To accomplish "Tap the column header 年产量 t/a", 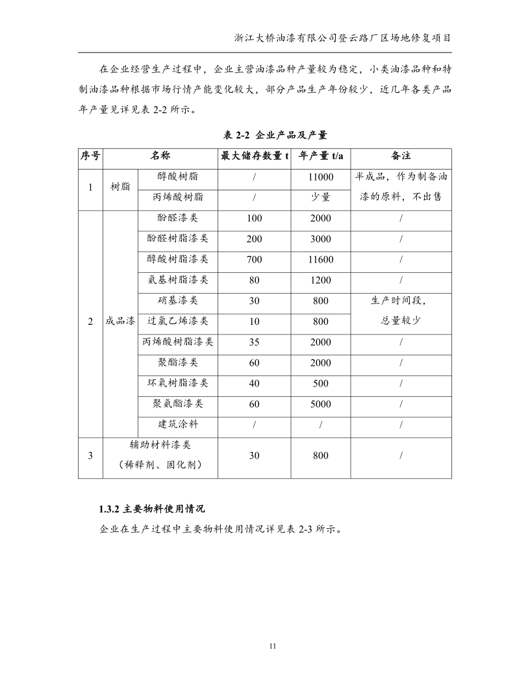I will [321, 157].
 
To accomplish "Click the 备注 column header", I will [401, 157].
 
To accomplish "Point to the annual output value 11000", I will [321, 177].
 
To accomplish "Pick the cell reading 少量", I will [321, 197].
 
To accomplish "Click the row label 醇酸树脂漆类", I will [178, 259].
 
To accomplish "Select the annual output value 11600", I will [321, 260].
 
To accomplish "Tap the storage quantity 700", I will [255, 260].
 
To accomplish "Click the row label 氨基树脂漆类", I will [178, 280].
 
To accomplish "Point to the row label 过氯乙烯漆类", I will [178, 321].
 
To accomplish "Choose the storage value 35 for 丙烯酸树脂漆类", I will [255, 342].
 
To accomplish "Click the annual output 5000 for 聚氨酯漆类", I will [321, 404].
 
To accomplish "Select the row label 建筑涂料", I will [178, 425].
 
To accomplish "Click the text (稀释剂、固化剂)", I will [160, 465].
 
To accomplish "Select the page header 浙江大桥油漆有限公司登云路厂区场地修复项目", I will [343, 38].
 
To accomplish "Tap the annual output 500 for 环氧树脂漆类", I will [321, 383].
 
